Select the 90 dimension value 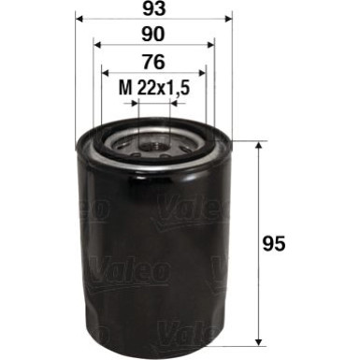(x=153, y=36)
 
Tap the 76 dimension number (x=153, y=64)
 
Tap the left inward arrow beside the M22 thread (x=133, y=106)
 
